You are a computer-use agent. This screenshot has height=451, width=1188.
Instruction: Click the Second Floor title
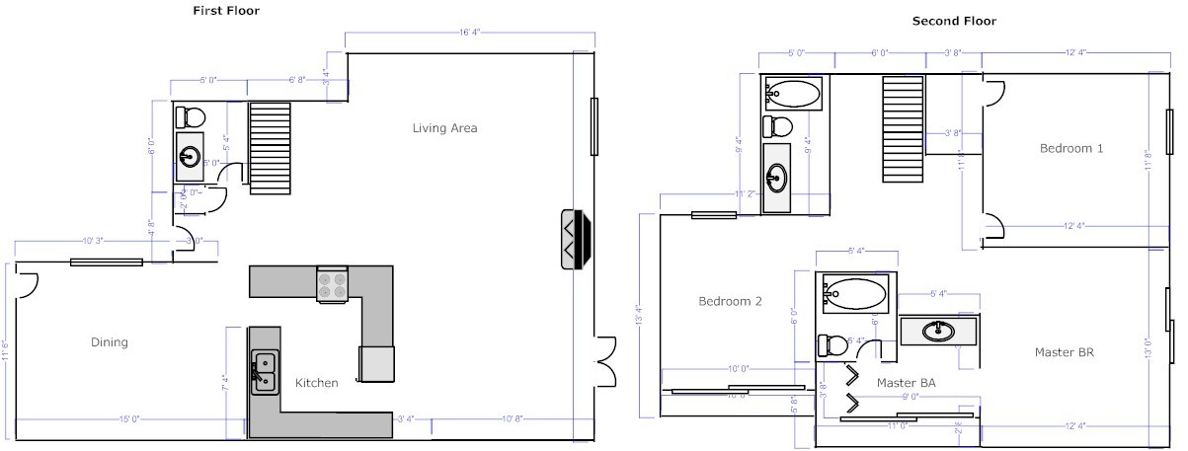pos(954,20)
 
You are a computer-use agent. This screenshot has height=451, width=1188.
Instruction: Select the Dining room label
pos(110,342)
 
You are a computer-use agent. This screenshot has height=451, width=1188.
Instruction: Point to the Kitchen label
pos(316,383)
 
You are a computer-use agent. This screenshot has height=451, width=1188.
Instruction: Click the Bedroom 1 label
pos(1070,148)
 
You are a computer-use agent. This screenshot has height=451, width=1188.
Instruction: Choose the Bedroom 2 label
pos(730,302)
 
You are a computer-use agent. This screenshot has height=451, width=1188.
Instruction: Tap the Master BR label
pos(1064,352)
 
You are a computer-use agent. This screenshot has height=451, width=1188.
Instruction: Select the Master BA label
pos(906,382)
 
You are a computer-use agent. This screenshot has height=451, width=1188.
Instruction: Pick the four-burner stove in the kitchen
pos(332,285)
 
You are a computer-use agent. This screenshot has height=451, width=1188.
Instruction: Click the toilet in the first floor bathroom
pos(189,117)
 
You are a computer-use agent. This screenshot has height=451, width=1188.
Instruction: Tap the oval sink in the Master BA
pos(938,332)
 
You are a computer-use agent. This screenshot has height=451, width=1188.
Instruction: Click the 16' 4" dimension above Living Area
pos(469,34)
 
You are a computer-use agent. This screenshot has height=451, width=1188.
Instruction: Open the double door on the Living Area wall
pos(604,355)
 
